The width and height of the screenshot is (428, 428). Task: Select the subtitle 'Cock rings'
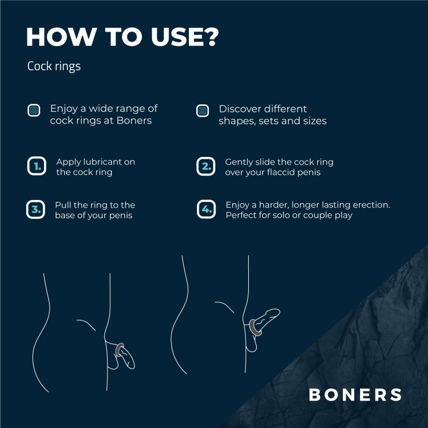point(53,67)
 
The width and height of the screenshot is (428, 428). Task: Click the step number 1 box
point(36,166)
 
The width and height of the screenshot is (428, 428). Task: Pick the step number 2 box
point(206,166)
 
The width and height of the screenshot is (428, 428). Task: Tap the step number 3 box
point(35,210)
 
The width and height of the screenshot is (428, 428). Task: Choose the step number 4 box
point(206,210)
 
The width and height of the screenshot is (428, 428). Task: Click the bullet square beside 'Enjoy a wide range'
point(34,110)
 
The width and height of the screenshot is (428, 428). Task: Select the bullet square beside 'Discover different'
point(202,110)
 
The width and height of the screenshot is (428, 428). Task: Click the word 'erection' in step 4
point(369,205)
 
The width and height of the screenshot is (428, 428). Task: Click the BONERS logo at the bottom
point(355,395)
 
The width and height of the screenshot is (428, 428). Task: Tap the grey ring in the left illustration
point(121,350)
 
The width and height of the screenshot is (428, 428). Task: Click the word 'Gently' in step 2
point(239,162)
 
